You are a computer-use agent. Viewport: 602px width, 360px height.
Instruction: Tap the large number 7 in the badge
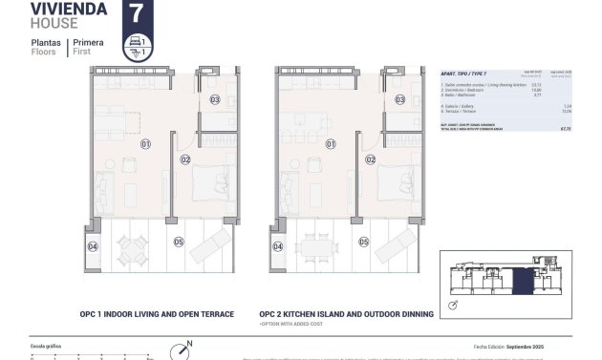click(x=136, y=14)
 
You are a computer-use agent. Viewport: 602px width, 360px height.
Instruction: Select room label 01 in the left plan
click(x=146, y=144)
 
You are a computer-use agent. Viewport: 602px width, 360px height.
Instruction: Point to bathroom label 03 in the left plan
click(x=215, y=99)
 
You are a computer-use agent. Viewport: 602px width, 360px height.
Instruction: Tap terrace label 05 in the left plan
click(x=179, y=243)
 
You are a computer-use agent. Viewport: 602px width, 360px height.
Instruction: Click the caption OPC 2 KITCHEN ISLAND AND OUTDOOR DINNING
click(x=346, y=313)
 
